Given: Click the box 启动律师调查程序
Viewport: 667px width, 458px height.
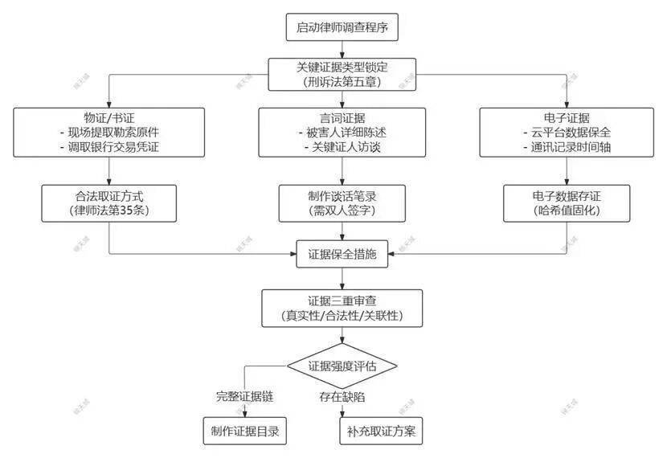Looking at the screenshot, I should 342,27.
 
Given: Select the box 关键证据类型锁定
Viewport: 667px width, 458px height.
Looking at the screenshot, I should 342,74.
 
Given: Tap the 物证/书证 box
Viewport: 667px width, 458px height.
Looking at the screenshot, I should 108,133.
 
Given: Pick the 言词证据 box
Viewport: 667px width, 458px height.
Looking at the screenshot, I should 342,133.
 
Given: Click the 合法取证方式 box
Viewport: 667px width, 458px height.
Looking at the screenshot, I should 108,203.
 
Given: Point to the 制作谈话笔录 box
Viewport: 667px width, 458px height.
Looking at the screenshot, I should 342,203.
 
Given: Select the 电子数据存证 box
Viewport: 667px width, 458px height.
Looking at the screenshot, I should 567,203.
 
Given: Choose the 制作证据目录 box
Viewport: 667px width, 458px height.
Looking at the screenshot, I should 244,431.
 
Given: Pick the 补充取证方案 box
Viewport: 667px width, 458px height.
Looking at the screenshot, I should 380,431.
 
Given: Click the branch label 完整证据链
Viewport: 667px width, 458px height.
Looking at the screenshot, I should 244,396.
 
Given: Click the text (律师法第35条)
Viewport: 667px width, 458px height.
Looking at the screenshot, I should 108,211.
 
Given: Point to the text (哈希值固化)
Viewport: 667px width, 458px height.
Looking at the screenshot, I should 567,211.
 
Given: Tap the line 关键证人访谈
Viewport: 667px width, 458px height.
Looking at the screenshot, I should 345,147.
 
